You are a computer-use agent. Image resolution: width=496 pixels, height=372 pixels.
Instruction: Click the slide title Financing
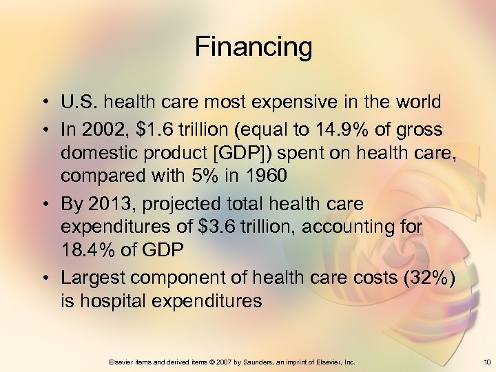tap(254, 48)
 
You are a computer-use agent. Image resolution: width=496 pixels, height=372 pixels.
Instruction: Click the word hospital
tap(114, 300)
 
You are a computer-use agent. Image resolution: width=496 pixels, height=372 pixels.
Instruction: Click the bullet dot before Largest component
tap(43, 277)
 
